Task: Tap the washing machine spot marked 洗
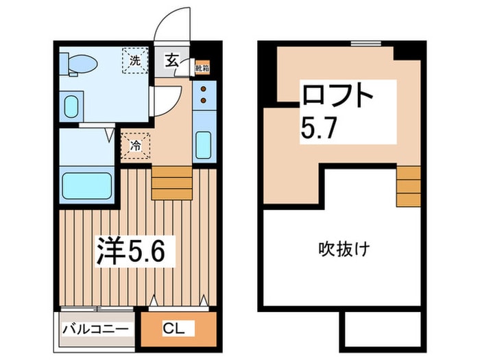[135, 60]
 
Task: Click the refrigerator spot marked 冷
[136, 145]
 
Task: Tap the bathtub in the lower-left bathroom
[86, 186]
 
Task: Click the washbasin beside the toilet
[71, 106]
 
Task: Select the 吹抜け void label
[344, 248]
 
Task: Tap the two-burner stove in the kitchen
[204, 96]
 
